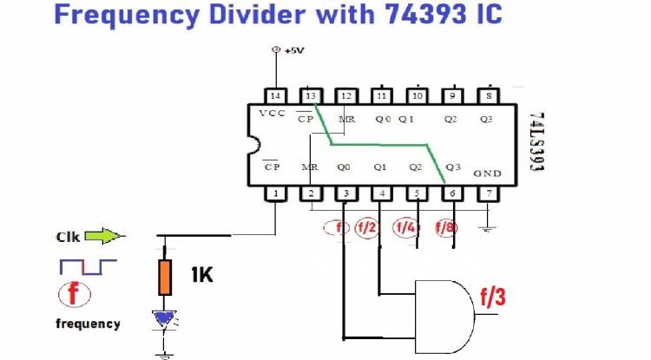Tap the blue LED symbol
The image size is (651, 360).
(x=163, y=319)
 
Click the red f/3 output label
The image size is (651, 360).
(x=491, y=298)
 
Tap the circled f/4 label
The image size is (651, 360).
(x=405, y=227)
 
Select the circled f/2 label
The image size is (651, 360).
(x=367, y=227)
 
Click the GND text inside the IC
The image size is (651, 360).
(x=487, y=173)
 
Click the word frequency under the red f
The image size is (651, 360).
(x=88, y=324)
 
